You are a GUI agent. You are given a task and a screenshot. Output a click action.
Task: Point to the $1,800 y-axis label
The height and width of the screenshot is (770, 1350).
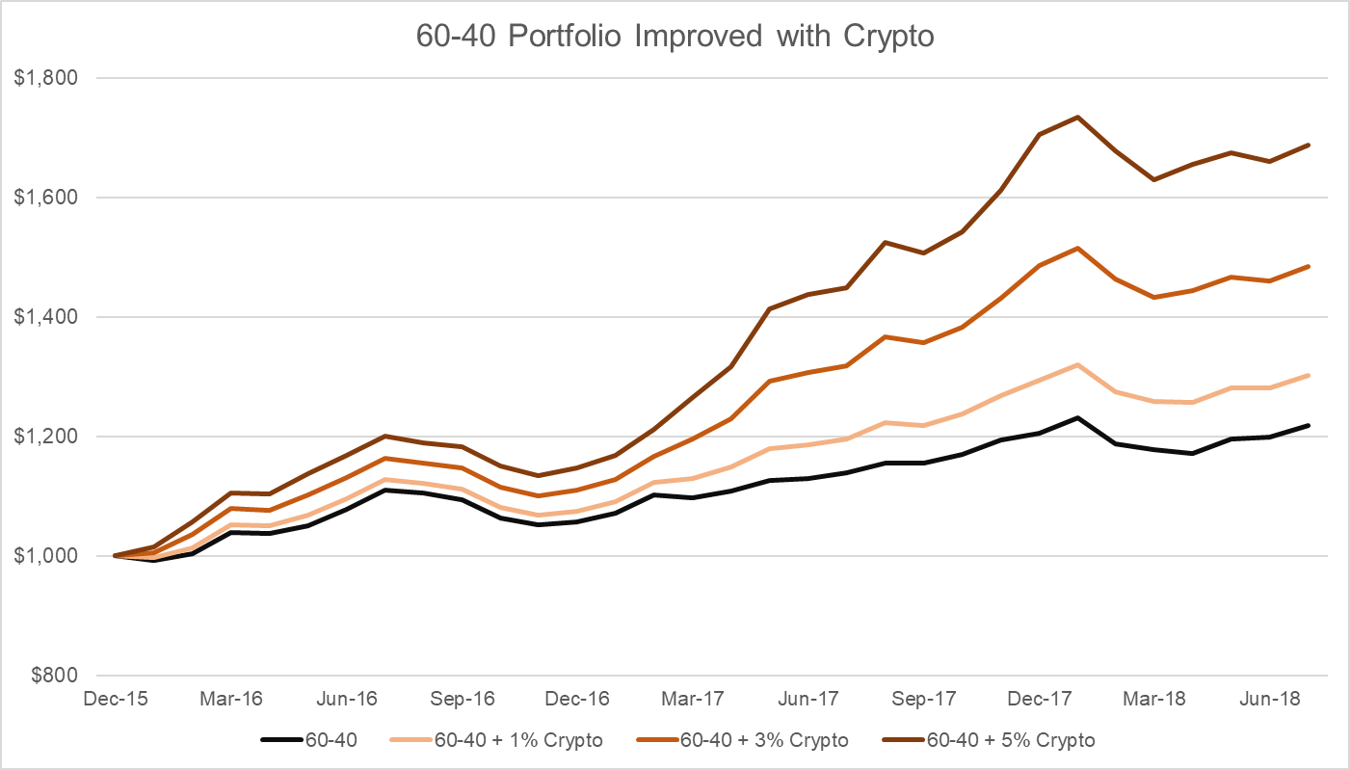(45, 78)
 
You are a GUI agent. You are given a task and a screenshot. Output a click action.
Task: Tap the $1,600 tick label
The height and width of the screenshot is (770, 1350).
(45, 198)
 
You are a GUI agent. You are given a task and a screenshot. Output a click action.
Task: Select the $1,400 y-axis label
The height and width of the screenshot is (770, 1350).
(45, 317)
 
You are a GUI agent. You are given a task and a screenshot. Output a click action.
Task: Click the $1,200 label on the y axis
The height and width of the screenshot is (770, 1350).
(45, 437)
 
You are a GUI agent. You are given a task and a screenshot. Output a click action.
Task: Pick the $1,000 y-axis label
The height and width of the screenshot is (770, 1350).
(45, 556)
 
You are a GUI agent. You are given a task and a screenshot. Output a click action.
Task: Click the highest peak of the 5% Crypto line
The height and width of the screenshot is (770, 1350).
(1077, 118)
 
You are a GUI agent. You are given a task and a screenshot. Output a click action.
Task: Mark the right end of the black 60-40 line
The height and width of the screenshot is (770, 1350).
(1310, 425)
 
